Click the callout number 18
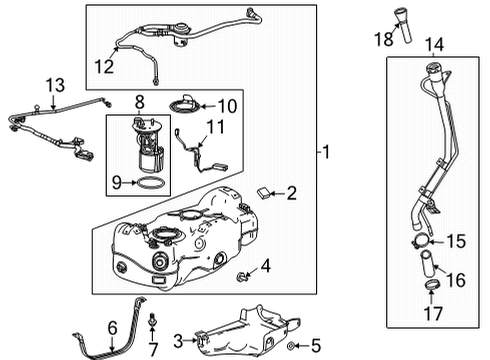click(382, 40)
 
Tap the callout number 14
click(433, 44)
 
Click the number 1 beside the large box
click(327, 153)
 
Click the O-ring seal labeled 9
click(147, 184)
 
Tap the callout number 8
click(139, 101)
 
